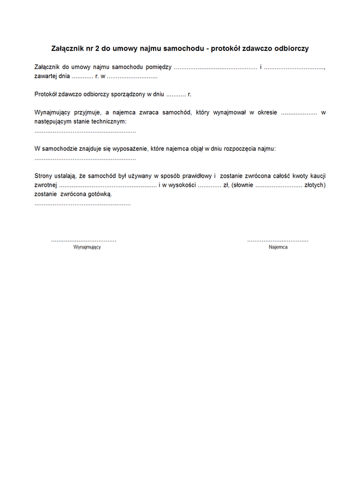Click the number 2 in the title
click(97, 48)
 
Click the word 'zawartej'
click(46, 77)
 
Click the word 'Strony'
click(44, 175)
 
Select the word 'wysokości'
click(180, 185)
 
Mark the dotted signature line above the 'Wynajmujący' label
click(84, 240)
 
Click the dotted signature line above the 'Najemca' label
click(278, 240)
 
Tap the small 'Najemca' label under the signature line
click(278, 247)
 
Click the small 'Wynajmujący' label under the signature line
click(87, 247)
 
